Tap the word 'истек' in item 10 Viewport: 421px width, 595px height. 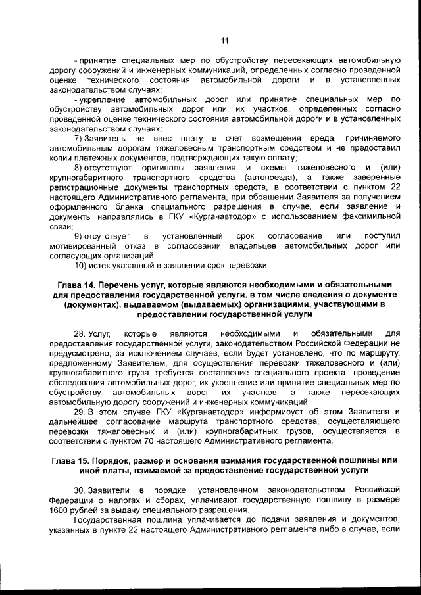tap(105, 265)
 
